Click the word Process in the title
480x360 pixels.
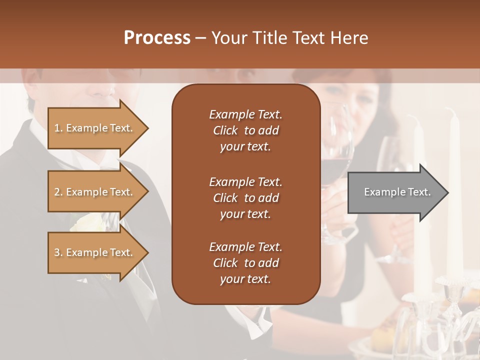click(x=157, y=38)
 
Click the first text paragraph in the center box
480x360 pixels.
click(x=245, y=130)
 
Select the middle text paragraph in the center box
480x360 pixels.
click(x=245, y=198)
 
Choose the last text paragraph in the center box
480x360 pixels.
click(x=245, y=263)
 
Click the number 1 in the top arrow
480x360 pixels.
click(x=57, y=128)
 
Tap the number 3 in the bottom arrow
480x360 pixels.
click(x=57, y=252)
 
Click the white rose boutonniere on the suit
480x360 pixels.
click(x=90, y=222)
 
